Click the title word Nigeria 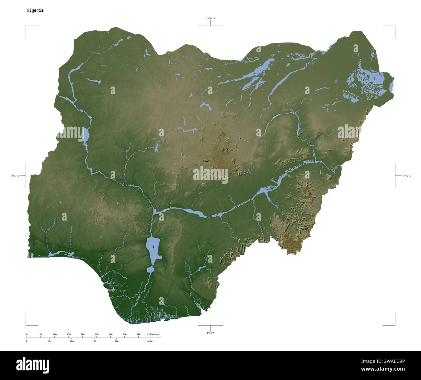(35, 10)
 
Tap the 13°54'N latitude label (210, 18)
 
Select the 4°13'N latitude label (210, 333)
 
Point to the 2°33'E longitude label (15, 176)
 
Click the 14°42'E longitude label (406, 176)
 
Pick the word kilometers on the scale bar (153, 334)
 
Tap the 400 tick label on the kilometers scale (138, 334)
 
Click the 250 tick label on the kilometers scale (97, 334)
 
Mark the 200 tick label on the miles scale (117, 341)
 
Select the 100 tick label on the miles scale (72, 341)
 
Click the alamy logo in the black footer (33, 365)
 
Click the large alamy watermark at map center (210, 175)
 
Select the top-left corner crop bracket (27, 27)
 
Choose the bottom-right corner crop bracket (394, 324)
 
